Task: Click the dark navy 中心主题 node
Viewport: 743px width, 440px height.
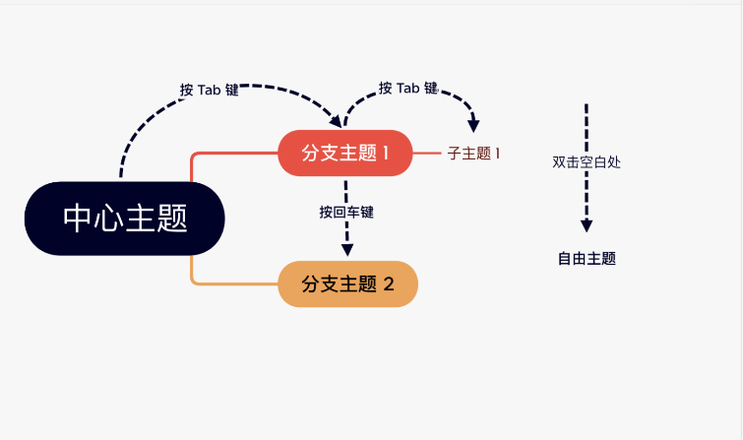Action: coord(125,219)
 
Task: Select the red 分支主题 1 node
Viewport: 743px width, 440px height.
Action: coord(344,154)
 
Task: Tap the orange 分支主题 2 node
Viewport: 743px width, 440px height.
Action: coord(347,284)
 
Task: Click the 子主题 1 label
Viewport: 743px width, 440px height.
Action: coord(474,154)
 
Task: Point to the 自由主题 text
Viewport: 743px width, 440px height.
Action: coord(587,259)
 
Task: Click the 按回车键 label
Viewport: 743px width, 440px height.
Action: coord(346,212)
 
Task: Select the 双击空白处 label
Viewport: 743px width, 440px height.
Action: coord(587,162)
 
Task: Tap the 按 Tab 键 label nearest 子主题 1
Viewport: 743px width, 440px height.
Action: coord(407,88)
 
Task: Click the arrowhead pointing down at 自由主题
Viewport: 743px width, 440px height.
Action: coord(587,225)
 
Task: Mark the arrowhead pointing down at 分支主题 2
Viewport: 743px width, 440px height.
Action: coord(346,249)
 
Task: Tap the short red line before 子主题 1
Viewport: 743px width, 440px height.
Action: coord(426,154)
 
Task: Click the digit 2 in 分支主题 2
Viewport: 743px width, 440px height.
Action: coord(389,284)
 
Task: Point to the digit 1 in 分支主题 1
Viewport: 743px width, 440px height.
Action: coord(386,154)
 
